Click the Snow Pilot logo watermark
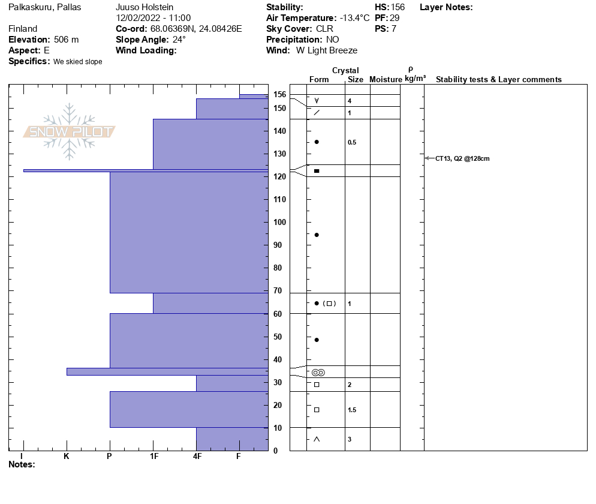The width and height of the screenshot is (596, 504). (x=69, y=132)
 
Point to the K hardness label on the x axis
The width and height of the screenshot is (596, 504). (x=67, y=457)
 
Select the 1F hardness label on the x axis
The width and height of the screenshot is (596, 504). (x=153, y=457)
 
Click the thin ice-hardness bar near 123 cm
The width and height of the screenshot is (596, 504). (x=144, y=171)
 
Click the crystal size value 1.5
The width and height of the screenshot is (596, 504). (x=352, y=410)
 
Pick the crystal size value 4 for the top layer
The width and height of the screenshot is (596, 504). (x=350, y=101)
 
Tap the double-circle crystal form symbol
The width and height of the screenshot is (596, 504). (x=318, y=373)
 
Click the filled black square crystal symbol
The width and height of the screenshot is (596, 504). (x=317, y=172)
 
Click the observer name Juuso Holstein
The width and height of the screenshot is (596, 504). (x=145, y=7)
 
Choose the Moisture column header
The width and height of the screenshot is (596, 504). (x=386, y=80)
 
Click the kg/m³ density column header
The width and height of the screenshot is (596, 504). (x=415, y=79)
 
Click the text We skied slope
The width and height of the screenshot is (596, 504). (x=77, y=62)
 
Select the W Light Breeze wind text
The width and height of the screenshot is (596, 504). (x=327, y=50)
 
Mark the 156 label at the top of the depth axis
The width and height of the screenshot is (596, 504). (x=279, y=94)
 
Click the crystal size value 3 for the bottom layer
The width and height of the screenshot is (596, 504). (x=350, y=440)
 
